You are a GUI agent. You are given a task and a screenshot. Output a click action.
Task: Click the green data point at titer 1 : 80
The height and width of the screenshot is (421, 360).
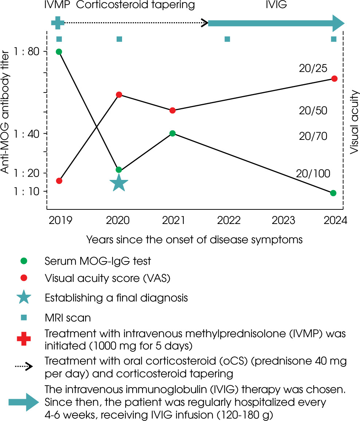59,52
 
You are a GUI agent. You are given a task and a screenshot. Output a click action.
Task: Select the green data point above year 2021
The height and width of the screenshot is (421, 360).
173,133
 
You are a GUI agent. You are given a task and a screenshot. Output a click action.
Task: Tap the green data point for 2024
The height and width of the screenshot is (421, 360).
333,193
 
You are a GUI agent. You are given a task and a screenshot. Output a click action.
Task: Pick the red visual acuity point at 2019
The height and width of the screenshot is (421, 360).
59,181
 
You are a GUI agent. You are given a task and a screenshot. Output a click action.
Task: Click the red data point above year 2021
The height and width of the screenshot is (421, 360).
173,110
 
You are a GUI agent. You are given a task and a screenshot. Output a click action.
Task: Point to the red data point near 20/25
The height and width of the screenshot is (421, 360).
334,79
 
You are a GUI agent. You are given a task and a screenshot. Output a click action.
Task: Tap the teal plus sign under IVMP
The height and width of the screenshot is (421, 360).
58,23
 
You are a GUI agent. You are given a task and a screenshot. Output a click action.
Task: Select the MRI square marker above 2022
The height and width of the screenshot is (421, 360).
227,39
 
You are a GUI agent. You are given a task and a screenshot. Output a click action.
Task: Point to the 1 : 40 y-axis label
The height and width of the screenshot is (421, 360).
28,134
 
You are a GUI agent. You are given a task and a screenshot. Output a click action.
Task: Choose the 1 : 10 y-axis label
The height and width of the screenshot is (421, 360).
28,192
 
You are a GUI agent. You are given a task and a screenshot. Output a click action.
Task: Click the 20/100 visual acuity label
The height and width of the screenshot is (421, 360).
313,173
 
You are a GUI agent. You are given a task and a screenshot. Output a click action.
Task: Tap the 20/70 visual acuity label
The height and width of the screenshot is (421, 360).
313,136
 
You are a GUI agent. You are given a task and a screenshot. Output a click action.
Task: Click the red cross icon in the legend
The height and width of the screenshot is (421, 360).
24,339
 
